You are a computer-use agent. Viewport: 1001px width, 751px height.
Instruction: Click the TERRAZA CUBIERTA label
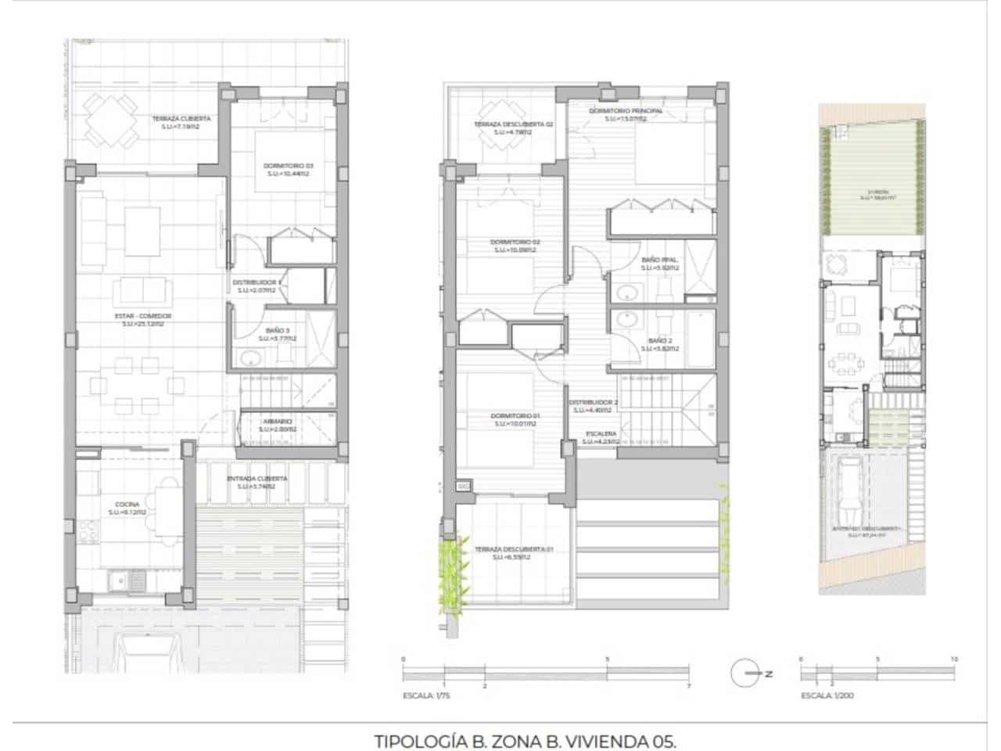176,119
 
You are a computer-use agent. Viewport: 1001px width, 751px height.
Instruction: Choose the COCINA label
127,505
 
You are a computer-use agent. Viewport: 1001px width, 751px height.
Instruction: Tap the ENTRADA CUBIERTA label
257,478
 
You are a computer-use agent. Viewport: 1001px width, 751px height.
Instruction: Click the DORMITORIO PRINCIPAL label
625,111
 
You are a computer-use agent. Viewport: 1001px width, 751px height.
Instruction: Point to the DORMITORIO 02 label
515,243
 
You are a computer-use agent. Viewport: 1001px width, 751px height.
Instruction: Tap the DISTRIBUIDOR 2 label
593,403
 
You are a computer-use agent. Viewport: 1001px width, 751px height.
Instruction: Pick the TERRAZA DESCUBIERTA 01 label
513,549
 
